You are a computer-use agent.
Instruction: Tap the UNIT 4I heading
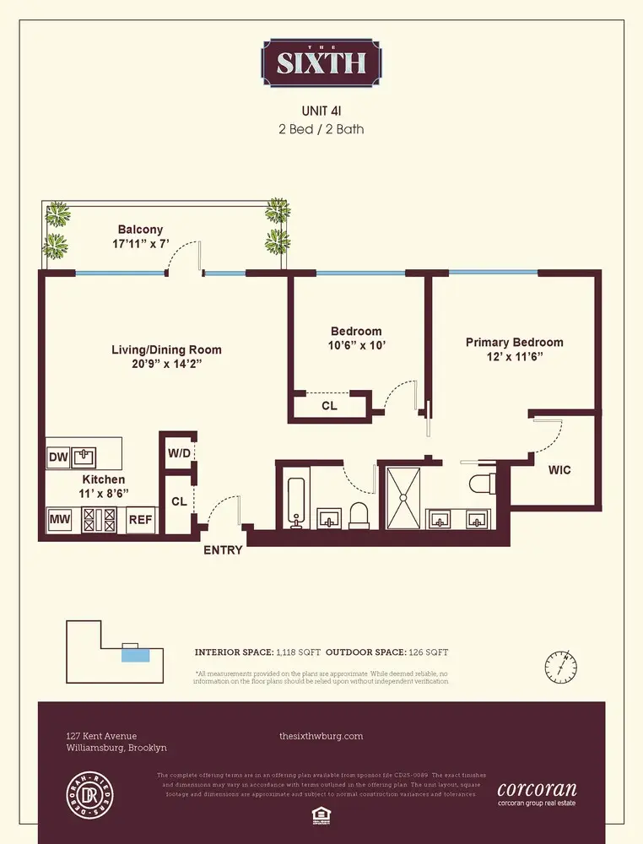[321, 111]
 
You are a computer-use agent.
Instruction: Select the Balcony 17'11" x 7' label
[140, 236]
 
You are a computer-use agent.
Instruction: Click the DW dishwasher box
[57, 457]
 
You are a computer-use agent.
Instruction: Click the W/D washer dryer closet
[179, 452]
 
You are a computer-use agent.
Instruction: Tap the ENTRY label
[223, 550]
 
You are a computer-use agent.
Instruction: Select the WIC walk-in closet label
[559, 470]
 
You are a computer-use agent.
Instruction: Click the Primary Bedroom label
[514, 342]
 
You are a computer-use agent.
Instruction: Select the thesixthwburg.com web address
[321, 736]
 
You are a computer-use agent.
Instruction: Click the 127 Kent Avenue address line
[101, 736]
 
